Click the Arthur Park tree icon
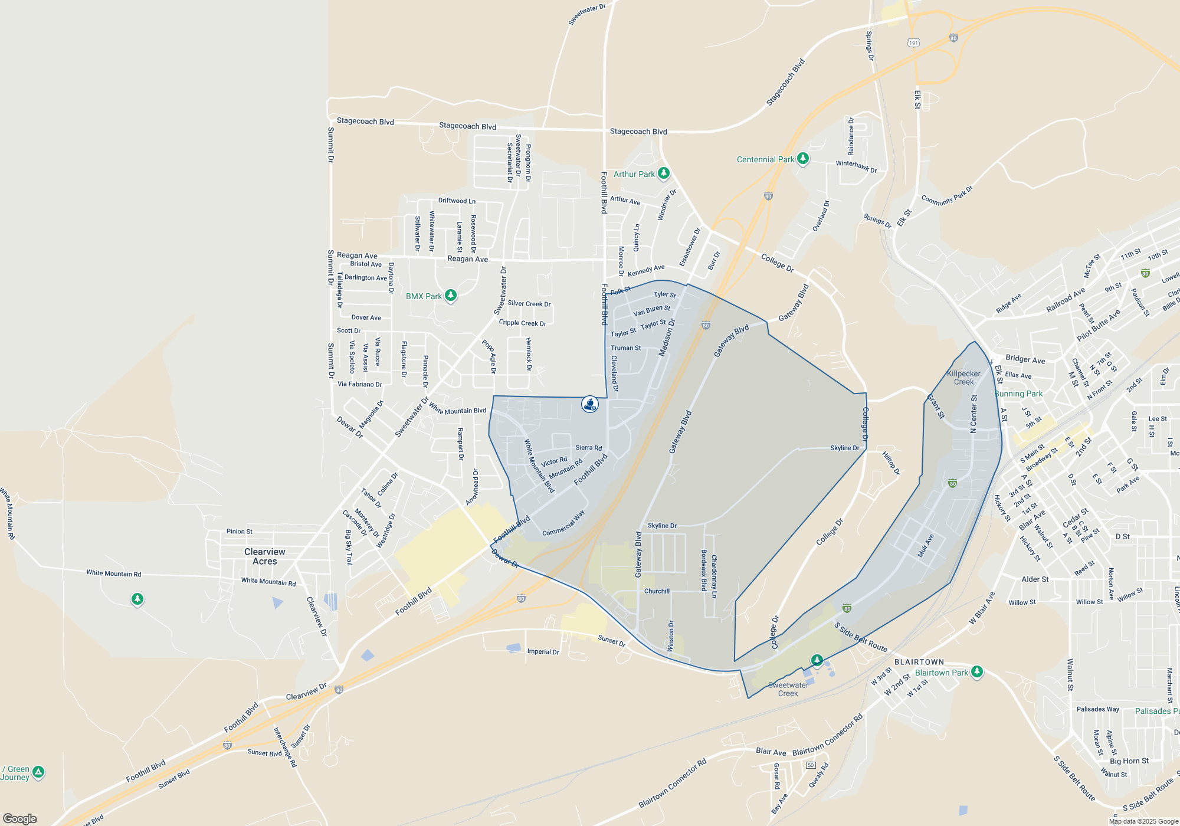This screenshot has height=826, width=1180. tap(664, 173)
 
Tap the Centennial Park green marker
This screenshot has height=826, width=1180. tap(802, 159)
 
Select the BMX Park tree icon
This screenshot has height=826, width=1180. tap(451, 295)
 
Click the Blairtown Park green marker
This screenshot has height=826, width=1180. tap(977, 671)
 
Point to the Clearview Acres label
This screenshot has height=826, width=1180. tap(265, 556)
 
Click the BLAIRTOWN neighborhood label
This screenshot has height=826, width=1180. tap(919, 662)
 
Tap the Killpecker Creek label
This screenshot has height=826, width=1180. tap(963, 378)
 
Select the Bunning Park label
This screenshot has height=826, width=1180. tap(1018, 394)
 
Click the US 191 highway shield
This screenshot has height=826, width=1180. tap(913, 42)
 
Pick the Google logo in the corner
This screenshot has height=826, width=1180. tap(20, 818)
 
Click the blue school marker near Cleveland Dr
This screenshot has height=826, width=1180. tap(590, 404)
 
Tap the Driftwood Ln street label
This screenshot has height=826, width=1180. tap(457, 201)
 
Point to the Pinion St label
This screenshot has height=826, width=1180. tap(240, 532)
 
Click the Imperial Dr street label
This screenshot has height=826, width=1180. tap(543, 651)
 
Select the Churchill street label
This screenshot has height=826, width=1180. tap(657, 591)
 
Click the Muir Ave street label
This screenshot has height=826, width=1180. tap(926, 546)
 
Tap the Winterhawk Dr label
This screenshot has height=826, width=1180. tap(856, 166)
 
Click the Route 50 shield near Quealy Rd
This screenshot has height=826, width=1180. tap(811, 765)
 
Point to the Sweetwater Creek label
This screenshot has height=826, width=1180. tap(788, 689)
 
